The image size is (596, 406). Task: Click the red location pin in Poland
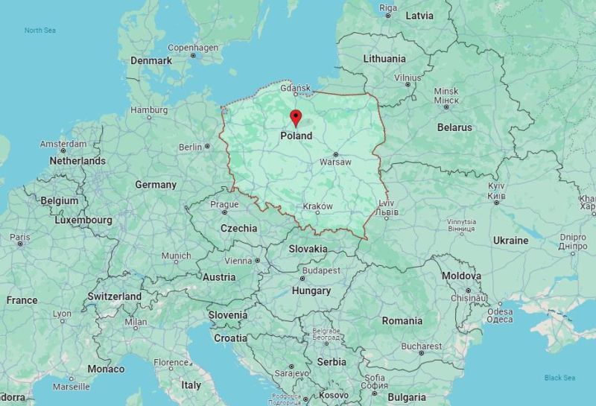296,118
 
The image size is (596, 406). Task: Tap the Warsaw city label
335,162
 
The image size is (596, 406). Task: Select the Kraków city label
318,206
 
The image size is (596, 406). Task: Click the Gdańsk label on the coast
295,87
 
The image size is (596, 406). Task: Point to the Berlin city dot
207,147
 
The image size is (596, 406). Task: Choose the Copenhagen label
193,48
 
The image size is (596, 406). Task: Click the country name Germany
156,185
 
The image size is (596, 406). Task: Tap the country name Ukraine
510,241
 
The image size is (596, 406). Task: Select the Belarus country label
454,127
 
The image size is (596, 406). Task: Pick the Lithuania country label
384,59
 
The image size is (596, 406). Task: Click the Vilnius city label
408,77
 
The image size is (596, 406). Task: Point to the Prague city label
224,204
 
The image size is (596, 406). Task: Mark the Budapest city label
321,270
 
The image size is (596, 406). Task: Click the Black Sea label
559,378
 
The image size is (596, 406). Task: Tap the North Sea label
39,31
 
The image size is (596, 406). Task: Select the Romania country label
402,321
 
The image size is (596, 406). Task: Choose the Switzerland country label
114,296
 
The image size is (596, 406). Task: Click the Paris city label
20,237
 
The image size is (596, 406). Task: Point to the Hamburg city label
149,110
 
